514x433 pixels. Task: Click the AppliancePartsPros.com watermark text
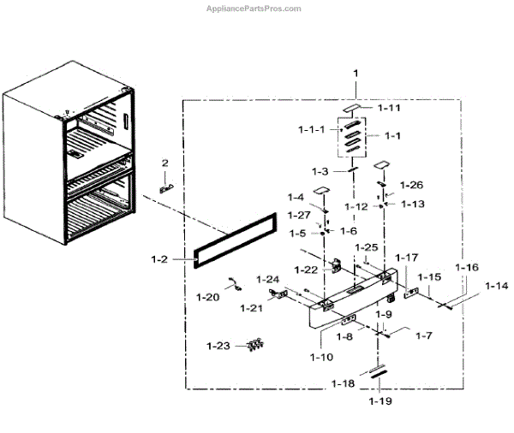pyautogui.click(x=254, y=9)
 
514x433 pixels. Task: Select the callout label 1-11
pyautogui.click(x=390, y=109)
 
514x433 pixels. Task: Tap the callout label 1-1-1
pyautogui.click(x=312, y=130)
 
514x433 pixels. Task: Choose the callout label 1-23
pyautogui.click(x=218, y=346)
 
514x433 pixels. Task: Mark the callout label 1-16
pyautogui.click(x=468, y=268)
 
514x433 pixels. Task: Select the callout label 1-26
pyautogui.click(x=411, y=185)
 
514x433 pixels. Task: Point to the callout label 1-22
pyautogui.click(x=307, y=270)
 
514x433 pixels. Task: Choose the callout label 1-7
pyautogui.click(x=423, y=335)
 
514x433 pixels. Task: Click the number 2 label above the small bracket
pyautogui.click(x=165, y=163)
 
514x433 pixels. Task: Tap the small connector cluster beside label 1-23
pyautogui.click(x=254, y=345)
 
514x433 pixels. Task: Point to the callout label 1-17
pyautogui.click(x=407, y=258)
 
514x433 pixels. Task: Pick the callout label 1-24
pyautogui.click(x=268, y=279)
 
